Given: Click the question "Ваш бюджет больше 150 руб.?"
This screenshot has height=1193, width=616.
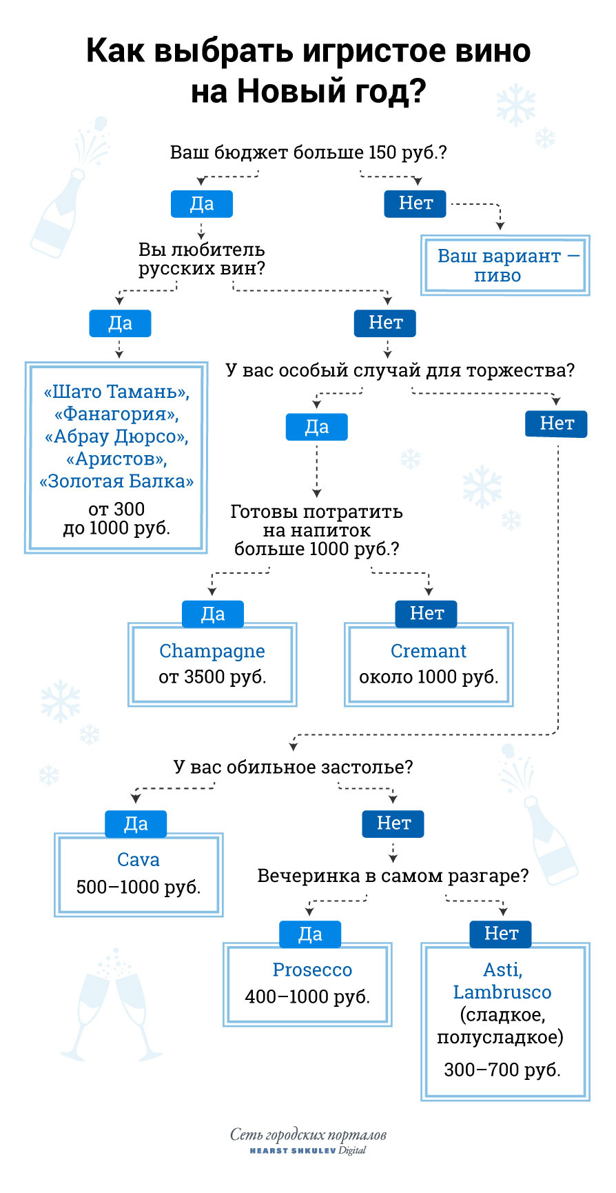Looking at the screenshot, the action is coord(308,152).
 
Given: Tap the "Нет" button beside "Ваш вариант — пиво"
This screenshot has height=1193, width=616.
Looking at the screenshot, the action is coord(415,203).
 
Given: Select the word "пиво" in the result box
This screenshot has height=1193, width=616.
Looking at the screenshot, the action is coord(497,276).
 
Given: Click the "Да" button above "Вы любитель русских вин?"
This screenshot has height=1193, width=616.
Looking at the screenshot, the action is coord(202,203).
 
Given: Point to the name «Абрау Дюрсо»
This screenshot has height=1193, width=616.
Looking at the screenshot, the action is coord(116,437).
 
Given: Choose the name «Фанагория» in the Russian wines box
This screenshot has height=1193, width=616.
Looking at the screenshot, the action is coord(116,414).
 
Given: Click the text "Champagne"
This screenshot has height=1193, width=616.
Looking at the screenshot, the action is coord(212,651).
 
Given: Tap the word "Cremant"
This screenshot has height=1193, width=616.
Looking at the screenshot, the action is coord(429,651).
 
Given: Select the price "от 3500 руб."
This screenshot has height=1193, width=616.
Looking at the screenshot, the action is coord(212,677).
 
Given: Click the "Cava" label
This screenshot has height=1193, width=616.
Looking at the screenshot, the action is coord(138,860).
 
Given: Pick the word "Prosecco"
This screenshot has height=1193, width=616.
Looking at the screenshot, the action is coord(312,970).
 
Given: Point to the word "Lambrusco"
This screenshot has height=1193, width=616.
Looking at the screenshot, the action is coord(502,992).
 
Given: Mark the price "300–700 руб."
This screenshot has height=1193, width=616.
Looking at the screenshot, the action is coord(502,1070).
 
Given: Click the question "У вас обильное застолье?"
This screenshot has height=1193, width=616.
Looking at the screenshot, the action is coord(294,767).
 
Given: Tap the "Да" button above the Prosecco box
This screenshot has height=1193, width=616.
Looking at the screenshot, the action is coord(310,934).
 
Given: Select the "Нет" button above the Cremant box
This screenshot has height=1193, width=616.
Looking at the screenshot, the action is coord(427,613).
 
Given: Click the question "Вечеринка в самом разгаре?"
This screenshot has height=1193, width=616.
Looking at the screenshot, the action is coord(393,876).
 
